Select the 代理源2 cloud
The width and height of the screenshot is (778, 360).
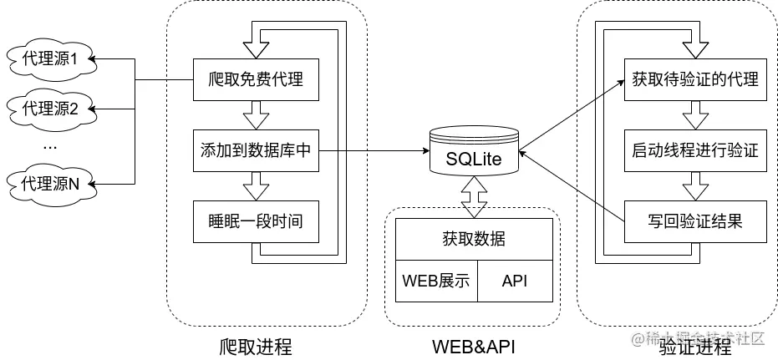[x=49, y=108]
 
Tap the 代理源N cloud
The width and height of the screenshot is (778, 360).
[x=49, y=183]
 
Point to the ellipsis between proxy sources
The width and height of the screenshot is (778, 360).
[x=49, y=145]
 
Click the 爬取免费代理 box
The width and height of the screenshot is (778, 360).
[x=255, y=80]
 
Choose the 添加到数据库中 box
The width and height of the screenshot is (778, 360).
[x=255, y=151]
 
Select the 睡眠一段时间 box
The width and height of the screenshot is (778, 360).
[x=255, y=221]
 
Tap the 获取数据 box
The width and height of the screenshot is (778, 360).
[x=473, y=239]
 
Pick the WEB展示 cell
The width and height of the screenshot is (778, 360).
[x=435, y=280]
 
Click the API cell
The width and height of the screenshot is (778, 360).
[x=515, y=280]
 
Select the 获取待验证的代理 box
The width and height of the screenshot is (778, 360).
[x=695, y=80]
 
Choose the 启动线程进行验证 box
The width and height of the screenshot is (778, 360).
[x=695, y=151]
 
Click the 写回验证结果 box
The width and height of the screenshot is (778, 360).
[x=695, y=221]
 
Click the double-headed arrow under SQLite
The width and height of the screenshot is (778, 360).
[x=473, y=198]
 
